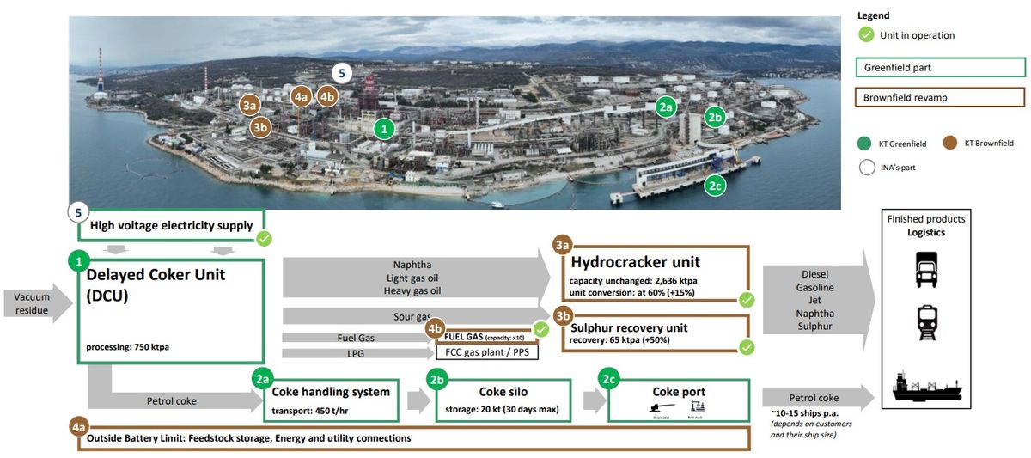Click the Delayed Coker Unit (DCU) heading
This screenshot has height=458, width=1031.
(155, 284)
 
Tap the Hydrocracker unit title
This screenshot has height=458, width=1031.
(635, 262)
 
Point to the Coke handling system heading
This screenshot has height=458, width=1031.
(331, 392)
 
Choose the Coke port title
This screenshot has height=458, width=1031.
(679, 392)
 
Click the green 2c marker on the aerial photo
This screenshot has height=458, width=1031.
(714, 184)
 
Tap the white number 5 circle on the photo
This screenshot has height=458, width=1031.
(341, 73)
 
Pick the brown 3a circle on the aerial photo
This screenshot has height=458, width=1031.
(250, 106)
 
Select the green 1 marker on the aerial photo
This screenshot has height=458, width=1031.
(385, 129)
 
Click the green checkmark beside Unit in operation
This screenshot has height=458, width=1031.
(866, 35)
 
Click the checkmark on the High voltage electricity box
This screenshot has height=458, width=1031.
(265, 238)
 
